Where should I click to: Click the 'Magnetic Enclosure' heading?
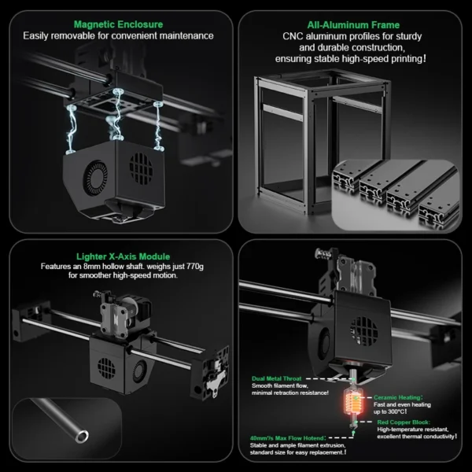pos(118,24)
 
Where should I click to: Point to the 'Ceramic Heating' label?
pos(397,398)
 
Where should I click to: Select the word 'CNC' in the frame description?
pos(293,36)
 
